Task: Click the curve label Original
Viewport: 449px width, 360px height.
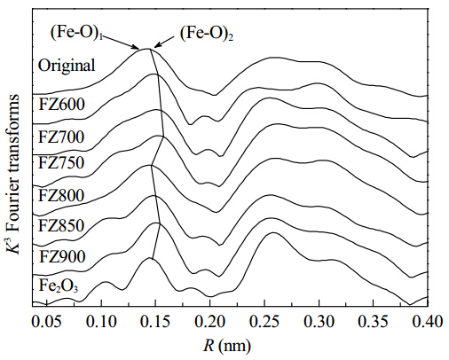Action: [67, 66]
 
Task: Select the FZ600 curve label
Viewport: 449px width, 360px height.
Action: [61, 104]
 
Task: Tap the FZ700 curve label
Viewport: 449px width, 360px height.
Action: [61, 137]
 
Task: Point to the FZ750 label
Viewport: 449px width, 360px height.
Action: [61, 162]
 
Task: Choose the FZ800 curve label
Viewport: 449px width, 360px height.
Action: [61, 195]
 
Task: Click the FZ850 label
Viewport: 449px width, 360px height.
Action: [61, 225]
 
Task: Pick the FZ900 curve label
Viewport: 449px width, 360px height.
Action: [62, 256]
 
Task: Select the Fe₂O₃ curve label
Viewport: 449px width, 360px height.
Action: [59, 286]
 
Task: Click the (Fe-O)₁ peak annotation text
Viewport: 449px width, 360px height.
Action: [76, 33]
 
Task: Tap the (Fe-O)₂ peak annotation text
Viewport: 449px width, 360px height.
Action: [207, 34]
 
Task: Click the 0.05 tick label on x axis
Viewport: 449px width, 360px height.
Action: [47, 321]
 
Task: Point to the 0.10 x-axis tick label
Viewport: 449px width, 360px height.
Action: [101, 321]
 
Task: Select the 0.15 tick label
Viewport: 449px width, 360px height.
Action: [155, 321]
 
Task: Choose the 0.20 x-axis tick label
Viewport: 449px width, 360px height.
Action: [210, 321]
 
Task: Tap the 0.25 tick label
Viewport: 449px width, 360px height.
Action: [264, 321]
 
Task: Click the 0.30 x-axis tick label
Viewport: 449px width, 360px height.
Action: [319, 321]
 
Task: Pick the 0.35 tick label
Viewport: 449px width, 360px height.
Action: [374, 321]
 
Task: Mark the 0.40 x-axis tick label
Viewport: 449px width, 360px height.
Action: [428, 321]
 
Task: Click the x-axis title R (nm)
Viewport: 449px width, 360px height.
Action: [227, 345]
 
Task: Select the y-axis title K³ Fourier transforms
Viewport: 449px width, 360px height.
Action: [14, 175]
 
